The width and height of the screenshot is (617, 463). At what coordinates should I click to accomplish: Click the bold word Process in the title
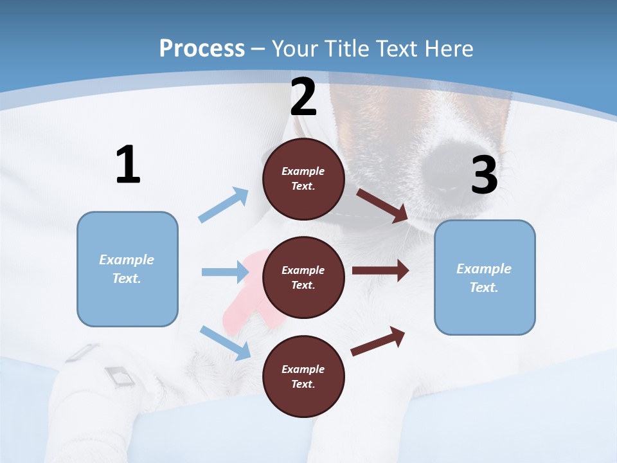click(x=202, y=48)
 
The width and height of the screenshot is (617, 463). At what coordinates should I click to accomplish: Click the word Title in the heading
click(x=344, y=48)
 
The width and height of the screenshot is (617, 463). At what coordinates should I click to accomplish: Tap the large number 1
click(x=128, y=165)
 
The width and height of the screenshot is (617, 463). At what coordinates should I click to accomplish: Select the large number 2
click(x=303, y=96)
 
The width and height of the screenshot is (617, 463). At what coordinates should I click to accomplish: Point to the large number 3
click(x=484, y=175)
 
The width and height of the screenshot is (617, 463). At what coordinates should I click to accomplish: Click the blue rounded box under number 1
click(x=127, y=269)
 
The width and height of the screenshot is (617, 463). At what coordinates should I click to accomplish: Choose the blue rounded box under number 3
click(x=485, y=277)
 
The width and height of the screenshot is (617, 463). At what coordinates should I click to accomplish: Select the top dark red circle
click(x=303, y=179)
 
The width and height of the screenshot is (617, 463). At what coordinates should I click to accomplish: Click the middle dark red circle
click(x=303, y=278)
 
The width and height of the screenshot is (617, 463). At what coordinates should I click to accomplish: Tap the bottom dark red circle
click(x=303, y=377)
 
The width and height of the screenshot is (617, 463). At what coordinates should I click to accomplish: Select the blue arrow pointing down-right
click(x=225, y=342)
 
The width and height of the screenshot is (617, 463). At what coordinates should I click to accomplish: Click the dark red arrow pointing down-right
click(x=382, y=206)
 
